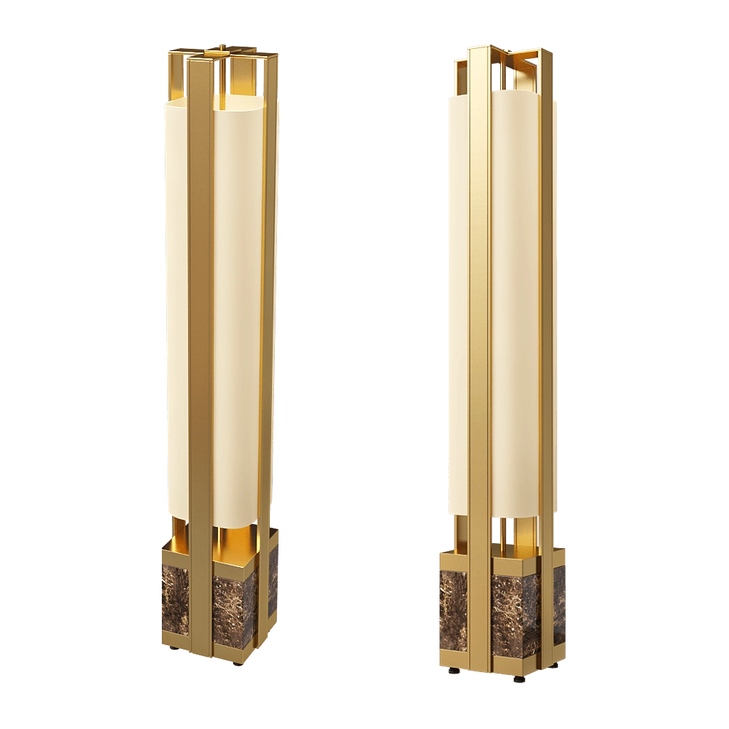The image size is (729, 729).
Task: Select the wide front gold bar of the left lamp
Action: pos(200,328)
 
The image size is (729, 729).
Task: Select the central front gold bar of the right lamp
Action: pos(479,328)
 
